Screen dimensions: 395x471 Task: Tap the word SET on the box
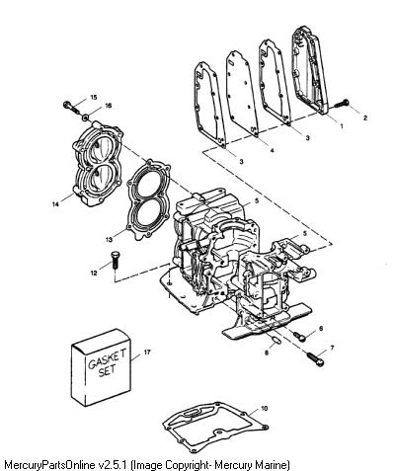coord(108,371)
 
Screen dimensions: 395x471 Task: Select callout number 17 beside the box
coord(147,353)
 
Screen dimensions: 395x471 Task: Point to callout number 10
coord(264,408)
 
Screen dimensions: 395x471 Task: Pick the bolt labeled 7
coord(316,359)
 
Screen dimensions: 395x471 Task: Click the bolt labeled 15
coord(72,107)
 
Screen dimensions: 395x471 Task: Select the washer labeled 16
coord(86,117)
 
